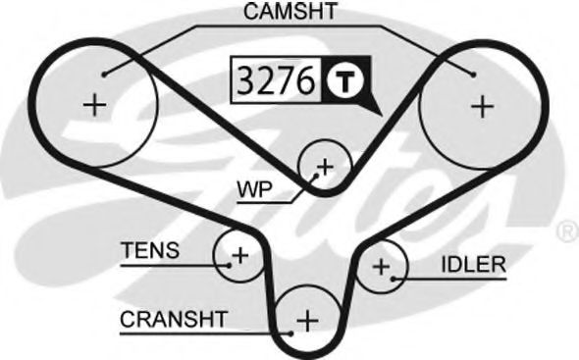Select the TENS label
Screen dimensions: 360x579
(x=150, y=251)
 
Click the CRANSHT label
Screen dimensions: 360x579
(x=174, y=319)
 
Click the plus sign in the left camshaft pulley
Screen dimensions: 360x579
(x=94, y=104)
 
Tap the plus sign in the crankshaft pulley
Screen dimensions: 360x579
(x=308, y=320)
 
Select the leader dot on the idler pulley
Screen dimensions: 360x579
(x=393, y=278)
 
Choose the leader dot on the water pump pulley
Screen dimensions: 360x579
(x=315, y=175)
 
